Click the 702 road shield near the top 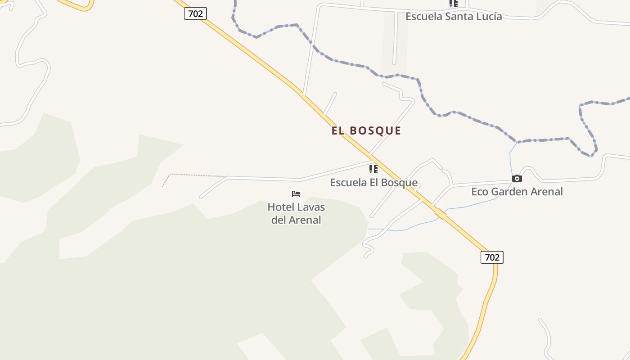[x=195, y=13]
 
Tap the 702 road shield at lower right [x=492, y=257]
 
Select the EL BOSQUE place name [x=366, y=130]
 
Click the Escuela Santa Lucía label [x=454, y=16]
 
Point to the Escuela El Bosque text [x=373, y=183]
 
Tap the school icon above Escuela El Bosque [x=373, y=169]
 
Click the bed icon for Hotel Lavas [x=296, y=194]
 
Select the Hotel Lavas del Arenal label [x=296, y=213]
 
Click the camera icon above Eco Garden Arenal [x=517, y=179]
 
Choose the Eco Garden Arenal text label [x=517, y=192]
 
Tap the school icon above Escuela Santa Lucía [x=453, y=4]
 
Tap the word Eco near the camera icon [x=480, y=192]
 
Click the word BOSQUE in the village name [x=375, y=130]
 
